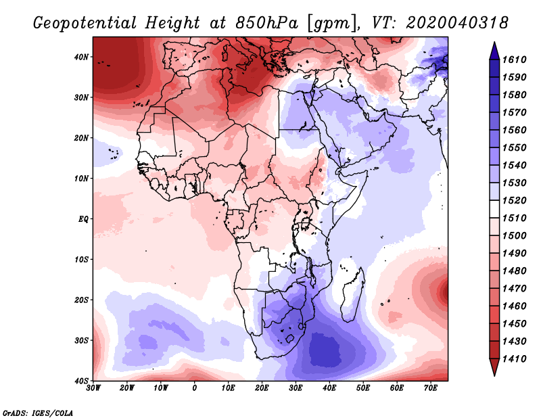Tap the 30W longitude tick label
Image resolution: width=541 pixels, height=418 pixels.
tap(93, 388)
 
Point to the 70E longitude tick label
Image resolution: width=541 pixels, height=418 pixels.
tap(431, 388)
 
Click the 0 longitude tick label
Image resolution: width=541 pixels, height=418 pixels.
tap(195, 388)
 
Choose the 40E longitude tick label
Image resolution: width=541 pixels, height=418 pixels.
tap(329, 388)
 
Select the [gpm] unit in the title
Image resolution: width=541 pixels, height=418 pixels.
tap(331, 22)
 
